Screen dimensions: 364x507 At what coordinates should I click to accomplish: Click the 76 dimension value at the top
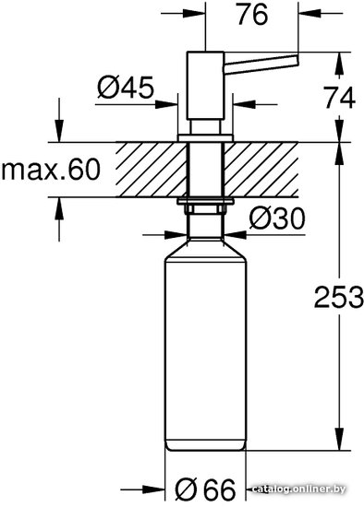(252, 15)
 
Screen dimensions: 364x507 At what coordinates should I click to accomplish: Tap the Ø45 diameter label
(125, 88)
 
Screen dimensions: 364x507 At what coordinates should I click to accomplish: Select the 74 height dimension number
(340, 99)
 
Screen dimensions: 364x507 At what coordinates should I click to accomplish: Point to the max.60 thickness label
(50, 170)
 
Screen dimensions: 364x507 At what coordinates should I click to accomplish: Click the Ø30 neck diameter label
(277, 218)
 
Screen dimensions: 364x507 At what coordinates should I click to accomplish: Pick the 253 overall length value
(339, 297)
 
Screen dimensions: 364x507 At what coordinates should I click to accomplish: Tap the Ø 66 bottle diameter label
(205, 489)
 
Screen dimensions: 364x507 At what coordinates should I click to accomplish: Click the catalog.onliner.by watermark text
(298, 489)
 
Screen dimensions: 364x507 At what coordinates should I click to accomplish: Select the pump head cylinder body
(205, 86)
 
